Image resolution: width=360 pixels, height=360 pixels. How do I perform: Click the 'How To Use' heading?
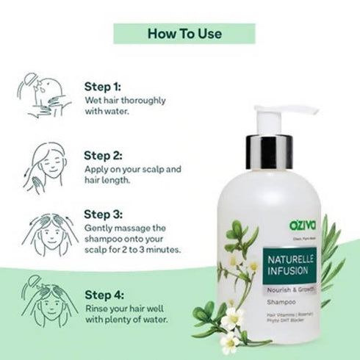click(184, 33)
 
